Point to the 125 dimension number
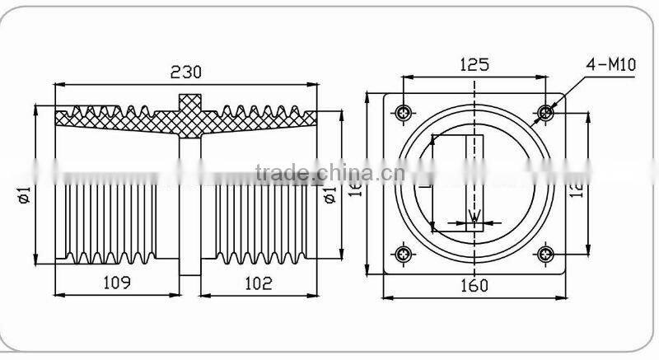(474, 63)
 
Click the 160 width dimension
(474, 286)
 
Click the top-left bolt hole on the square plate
(403, 112)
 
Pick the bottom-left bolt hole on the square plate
(403, 254)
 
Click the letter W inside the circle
(474, 217)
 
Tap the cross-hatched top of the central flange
(188, 109)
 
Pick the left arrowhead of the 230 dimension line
(59, 84)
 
